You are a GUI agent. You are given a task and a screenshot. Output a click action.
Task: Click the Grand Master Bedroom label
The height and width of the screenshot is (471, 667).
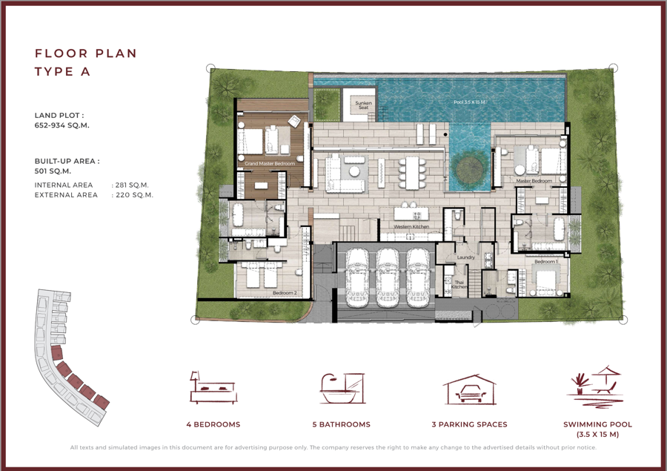[270, 163]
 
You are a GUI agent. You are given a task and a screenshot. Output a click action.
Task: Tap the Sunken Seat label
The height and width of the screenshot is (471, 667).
[363, 105]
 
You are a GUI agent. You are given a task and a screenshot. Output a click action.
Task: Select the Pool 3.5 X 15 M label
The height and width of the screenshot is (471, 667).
[469, 102]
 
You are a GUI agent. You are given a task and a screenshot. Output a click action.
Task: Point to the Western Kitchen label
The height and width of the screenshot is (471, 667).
[411, 226]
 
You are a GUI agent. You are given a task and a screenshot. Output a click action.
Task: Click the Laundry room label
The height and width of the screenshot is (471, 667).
[466, 257]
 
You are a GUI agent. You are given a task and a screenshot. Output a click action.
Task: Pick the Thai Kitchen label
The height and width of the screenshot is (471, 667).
[459, 285]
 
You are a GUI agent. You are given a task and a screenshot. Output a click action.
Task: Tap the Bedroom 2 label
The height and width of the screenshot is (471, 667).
[285, 293]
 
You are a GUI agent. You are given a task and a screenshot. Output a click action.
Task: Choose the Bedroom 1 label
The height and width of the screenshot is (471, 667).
[545, 262]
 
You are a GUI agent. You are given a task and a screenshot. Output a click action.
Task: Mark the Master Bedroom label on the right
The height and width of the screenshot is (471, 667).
[534, 181]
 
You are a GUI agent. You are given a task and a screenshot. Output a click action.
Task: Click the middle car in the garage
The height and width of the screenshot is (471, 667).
[388, 277]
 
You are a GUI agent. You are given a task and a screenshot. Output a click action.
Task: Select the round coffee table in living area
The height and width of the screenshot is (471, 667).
[354, 171]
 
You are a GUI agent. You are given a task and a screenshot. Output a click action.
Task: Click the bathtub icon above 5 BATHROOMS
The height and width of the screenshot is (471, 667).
[342, 389]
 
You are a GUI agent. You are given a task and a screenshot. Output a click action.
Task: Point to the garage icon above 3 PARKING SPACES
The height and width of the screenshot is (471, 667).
[470, 389]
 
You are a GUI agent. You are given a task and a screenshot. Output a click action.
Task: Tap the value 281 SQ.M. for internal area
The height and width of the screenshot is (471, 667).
[132, 185]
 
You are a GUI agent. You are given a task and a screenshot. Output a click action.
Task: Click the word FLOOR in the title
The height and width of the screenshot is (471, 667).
[62, 53]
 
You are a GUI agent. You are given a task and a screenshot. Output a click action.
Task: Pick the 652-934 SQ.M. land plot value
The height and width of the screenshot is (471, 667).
[62, 125]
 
